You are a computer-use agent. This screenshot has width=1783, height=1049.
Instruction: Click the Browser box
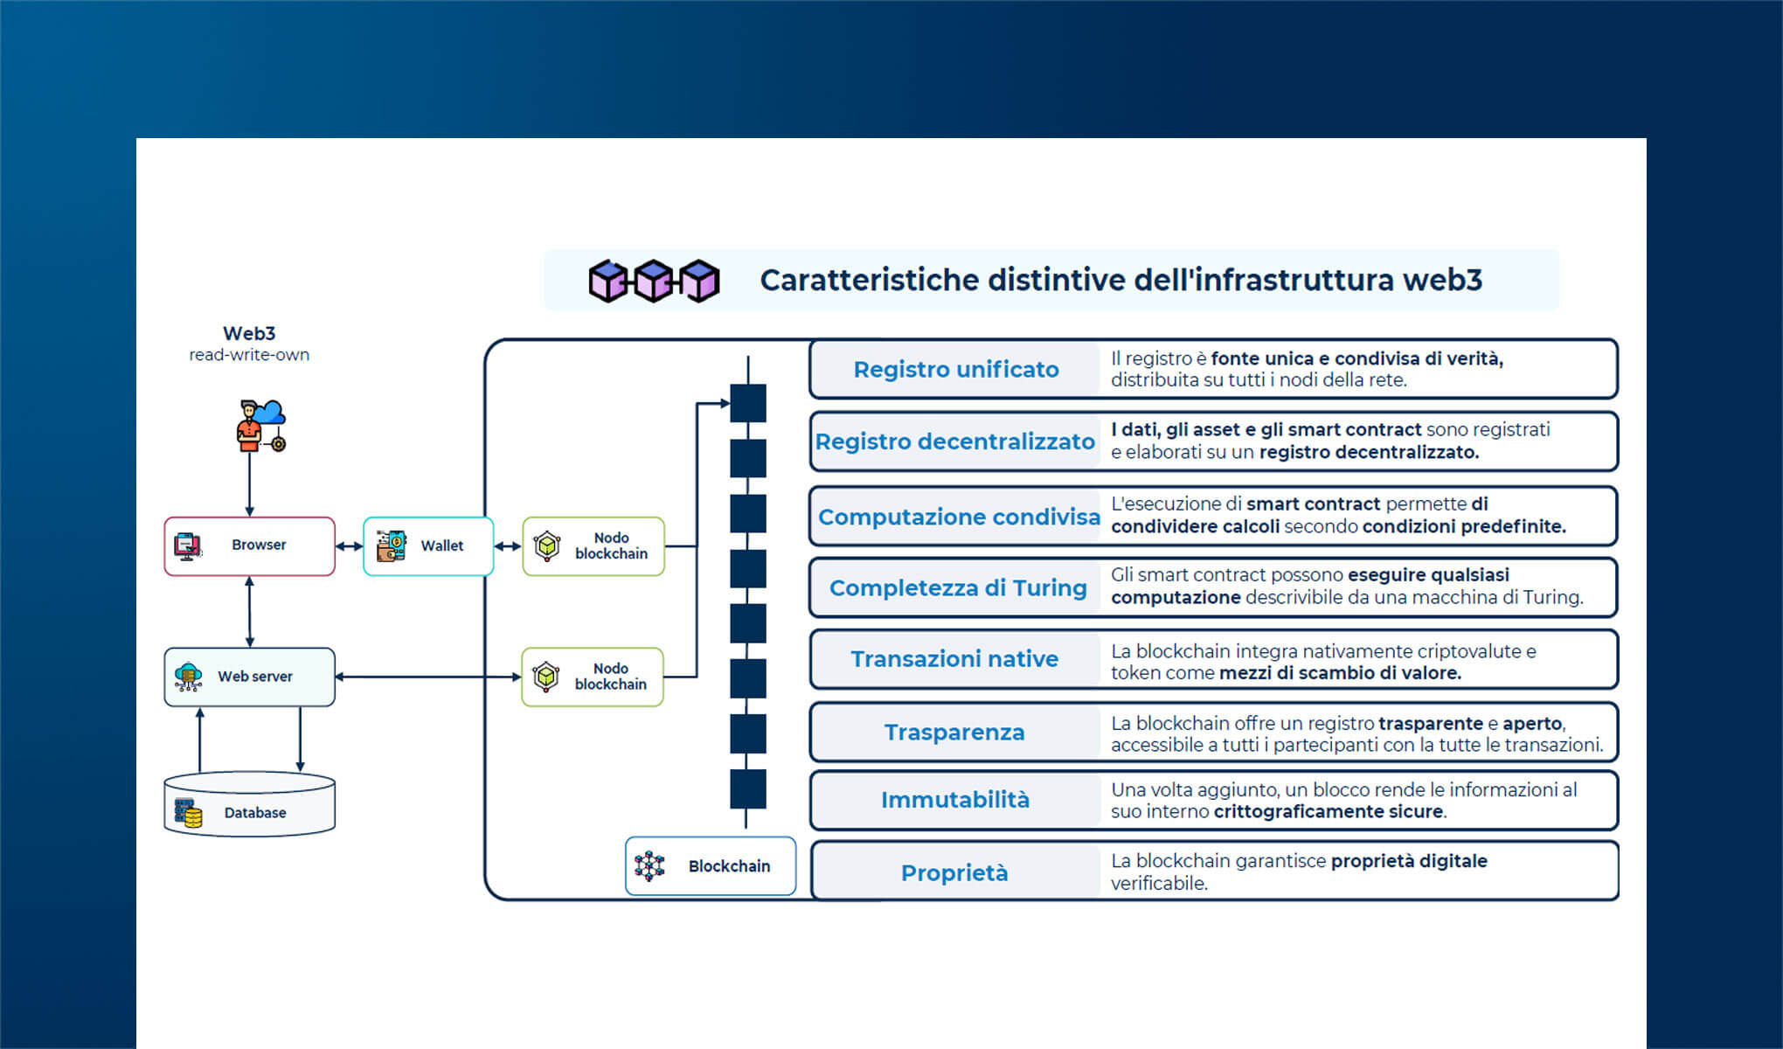point(249,545)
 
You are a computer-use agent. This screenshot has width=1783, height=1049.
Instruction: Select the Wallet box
point(428,545)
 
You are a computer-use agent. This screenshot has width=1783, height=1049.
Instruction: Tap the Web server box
point(249,677)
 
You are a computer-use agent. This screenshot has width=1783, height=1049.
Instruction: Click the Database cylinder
point(249,805)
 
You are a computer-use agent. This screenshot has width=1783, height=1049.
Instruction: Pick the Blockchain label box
point(711,866)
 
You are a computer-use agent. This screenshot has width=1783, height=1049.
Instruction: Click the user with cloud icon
point(260,426)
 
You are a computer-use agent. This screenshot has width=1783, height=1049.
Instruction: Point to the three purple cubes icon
point(654,281)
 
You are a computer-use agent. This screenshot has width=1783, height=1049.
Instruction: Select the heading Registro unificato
point(955,370)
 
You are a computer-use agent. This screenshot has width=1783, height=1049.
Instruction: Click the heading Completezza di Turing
point(957,588)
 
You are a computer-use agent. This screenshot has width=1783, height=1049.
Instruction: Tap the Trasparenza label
point(954,733)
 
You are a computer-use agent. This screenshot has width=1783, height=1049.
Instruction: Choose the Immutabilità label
point(954,800)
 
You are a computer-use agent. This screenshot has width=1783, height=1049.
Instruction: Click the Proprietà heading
point(954,873)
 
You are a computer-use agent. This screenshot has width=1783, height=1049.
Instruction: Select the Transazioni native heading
point(954,659)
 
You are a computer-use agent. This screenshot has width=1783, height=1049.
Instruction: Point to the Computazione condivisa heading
point(958,517)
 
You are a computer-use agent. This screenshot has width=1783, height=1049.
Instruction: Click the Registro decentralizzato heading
point(954,441)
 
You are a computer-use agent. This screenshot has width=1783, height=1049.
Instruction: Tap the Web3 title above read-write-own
point(249,333)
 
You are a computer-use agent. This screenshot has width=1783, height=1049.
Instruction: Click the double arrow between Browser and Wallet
point(349,546)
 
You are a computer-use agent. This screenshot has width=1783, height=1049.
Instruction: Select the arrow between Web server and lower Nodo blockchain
point(428,677)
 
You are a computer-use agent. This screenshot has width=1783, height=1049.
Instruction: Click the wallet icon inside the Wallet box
point(391,545)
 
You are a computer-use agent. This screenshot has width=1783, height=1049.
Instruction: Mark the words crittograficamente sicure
point(1328,812)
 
